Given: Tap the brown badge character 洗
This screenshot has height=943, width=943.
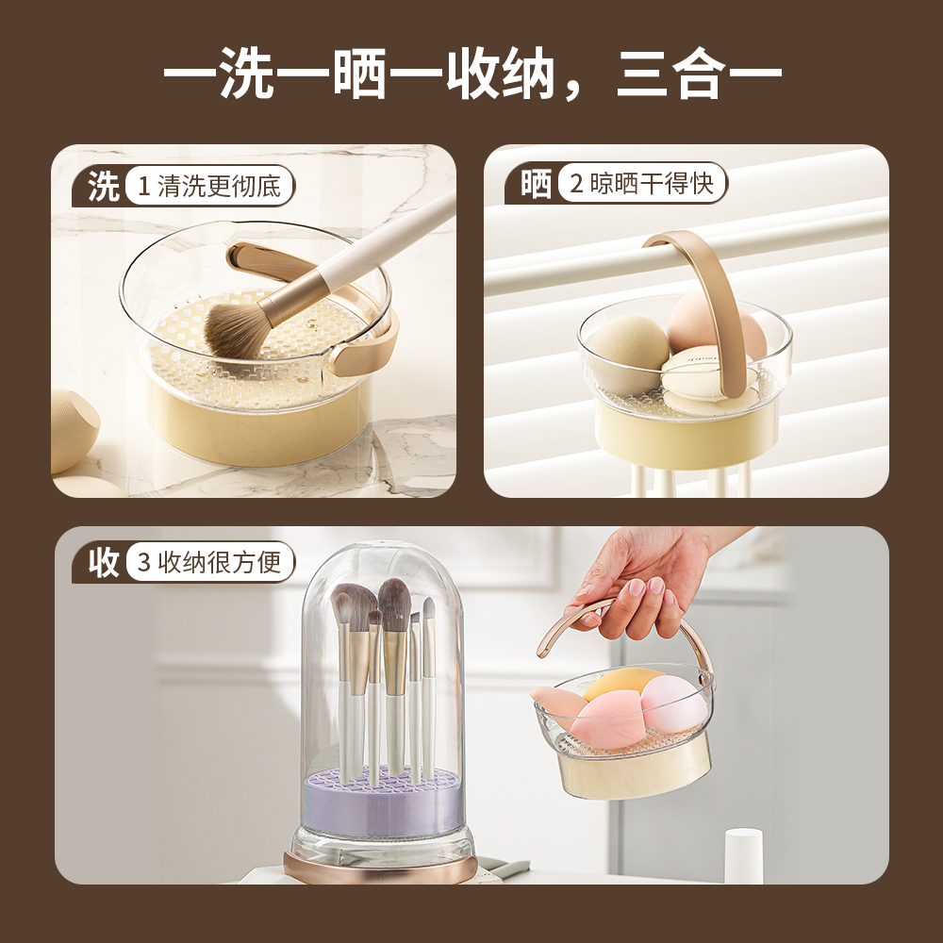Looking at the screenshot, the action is [104, 186].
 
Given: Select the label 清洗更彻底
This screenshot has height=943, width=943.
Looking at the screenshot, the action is [219, 186].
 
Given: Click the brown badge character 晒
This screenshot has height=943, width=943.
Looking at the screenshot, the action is [536, 184].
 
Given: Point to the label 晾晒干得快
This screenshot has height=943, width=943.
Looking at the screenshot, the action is [652, 184].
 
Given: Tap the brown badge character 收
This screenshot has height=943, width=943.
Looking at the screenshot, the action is [104, 562].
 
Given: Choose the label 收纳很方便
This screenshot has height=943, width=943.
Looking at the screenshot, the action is [220, 562].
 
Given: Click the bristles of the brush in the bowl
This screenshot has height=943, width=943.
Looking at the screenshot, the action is [235, 329].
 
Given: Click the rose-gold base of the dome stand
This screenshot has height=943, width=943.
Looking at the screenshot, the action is [380, 867].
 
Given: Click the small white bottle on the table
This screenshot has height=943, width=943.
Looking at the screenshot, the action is [743, 855].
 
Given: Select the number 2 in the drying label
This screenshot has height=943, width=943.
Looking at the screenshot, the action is [576, 184].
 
